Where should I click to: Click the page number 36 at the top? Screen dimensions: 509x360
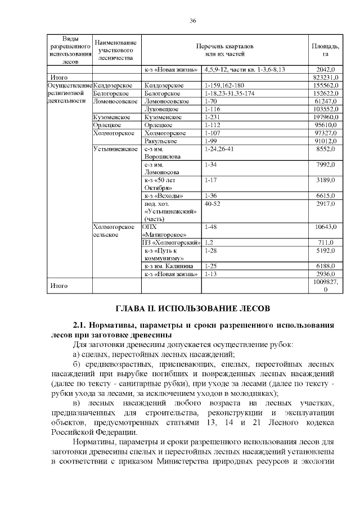(x=192, y=21)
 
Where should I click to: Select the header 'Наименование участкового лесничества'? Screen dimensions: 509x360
(x=115, y=49)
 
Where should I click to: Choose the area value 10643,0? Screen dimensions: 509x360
(x=326, y=227)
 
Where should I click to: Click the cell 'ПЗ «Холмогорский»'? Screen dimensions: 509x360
(x=172, y=242)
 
